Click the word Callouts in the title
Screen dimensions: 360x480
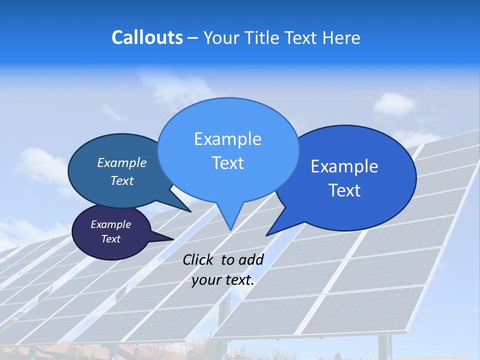point(147,37)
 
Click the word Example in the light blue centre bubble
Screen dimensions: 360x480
point(227,139)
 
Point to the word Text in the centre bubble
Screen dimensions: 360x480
point(227,163)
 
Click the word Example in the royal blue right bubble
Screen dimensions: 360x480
point(344,166)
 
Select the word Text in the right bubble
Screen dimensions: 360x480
point(344,190)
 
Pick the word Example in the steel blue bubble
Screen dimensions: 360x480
point(122,163)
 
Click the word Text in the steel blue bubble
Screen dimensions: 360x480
point(122,180)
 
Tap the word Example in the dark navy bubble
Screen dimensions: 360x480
point(110,224)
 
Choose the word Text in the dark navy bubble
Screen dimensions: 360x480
point(110,239)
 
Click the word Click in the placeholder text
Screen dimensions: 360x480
point(199,259)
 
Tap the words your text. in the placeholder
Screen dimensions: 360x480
point(223,280)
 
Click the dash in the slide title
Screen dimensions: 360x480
point(193,38)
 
